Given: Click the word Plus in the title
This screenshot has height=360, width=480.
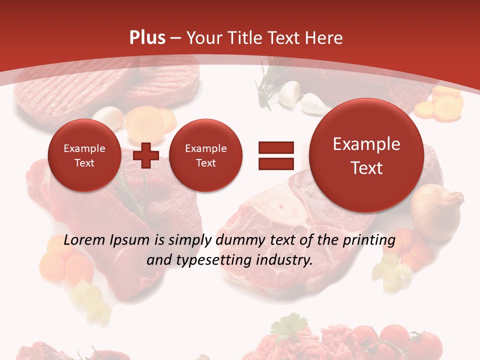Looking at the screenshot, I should pos(147,38).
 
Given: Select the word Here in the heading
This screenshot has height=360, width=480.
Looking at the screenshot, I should pos(325,38).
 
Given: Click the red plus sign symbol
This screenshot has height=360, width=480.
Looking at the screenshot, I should pos(146,155).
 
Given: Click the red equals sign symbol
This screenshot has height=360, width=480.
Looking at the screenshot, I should pos(276,155).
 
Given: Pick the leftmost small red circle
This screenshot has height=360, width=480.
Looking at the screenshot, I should pos(84,155).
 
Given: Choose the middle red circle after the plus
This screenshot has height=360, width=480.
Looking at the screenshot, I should pos(205,155).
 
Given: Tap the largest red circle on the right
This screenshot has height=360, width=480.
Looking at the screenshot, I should pos(366,155).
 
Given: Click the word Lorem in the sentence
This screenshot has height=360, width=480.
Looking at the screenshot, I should pos(84,240).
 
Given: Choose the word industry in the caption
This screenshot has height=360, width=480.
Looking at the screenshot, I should pos(285,260).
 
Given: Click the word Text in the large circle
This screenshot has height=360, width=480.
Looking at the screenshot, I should pos(366,168).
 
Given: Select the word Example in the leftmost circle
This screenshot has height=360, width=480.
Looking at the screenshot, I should pos(84,148).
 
